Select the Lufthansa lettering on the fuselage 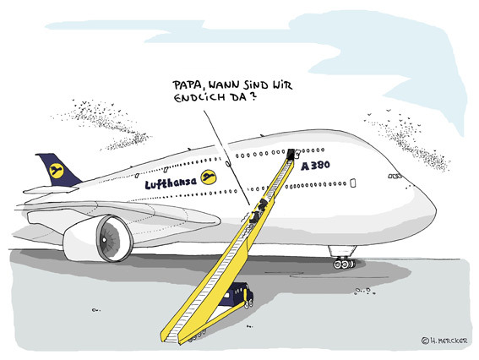tap(171, 183)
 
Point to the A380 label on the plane tap(316, 166)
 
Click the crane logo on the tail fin tap(57, 171)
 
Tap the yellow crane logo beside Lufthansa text tap(209, 177)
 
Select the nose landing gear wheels tap(345, 264)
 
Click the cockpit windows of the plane tap(395, 177)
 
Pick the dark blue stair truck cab tap(238, 295)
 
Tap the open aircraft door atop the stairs tap(291, 155)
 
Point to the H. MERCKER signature tap(449, 341)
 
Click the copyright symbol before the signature tap(425, 341)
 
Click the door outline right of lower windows tap(352, 183)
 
